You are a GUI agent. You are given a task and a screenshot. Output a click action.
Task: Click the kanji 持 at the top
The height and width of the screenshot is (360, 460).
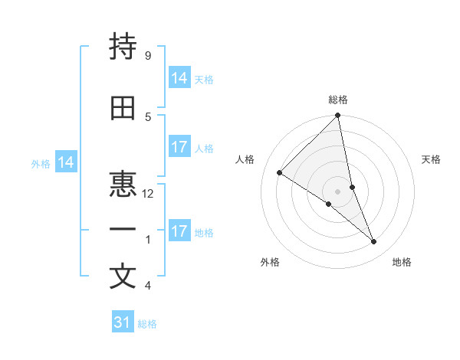[x=123, y=47]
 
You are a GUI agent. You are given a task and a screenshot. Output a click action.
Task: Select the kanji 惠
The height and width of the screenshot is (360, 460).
[x=123, y=184]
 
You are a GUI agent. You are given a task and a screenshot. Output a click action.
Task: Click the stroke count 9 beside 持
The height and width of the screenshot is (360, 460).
[x=147, y=55]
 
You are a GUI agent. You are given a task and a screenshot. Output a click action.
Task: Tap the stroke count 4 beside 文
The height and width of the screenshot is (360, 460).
[x=147, y=286]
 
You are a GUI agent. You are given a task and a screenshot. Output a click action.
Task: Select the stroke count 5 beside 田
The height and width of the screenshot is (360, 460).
[x=147, y=116]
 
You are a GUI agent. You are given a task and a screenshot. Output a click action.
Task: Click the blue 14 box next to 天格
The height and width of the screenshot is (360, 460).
[x=179, y=78]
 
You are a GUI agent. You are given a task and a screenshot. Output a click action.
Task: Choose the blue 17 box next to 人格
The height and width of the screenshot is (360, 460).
[x=179, y=147]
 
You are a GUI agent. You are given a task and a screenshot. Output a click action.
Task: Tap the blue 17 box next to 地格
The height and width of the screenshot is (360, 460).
[x=179, y=231]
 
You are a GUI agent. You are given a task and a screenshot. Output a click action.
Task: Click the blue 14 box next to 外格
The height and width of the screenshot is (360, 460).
[x=66, y=162]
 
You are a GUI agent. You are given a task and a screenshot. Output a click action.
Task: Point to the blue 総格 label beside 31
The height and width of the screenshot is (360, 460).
[x=147, y=324]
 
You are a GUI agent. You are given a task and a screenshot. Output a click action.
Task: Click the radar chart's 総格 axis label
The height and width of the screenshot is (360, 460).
[x=338, y=100]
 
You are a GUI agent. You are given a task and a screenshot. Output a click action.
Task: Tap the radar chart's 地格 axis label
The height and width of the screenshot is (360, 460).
[x=402, y=262]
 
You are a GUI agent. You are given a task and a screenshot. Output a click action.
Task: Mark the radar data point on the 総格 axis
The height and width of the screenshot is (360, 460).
[x=338, y=116]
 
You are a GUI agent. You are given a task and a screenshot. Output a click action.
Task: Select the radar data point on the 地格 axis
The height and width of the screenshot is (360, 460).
[x=374, y=242]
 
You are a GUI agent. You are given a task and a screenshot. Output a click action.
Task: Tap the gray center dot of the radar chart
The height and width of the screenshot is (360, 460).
[x=338, y=191]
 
